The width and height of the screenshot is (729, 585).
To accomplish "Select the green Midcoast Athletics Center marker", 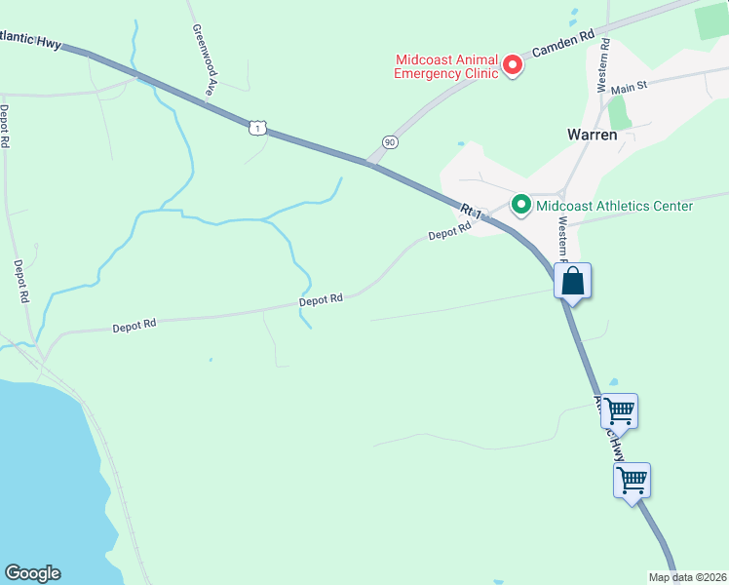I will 521,205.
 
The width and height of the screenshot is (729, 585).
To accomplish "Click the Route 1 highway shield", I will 256,127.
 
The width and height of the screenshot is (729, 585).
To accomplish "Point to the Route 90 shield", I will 390,142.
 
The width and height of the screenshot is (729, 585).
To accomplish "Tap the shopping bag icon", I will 573,281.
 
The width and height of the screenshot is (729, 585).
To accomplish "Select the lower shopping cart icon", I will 632,479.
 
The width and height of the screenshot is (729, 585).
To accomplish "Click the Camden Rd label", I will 561,45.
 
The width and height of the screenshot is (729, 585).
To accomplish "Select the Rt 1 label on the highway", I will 473,211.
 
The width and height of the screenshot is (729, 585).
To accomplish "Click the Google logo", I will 32,573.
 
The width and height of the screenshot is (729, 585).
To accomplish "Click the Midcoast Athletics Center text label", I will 614,206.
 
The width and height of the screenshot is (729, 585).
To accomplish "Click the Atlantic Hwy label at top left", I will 30,41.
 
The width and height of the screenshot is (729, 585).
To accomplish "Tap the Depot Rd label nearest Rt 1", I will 450,232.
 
